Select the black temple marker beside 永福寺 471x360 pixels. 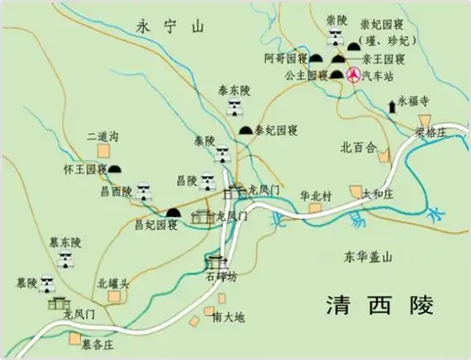tap(391, 105)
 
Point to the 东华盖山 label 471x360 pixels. tap(368, 257)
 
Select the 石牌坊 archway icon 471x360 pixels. tap(214, 263)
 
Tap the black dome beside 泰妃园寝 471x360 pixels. tap(245, 130)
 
